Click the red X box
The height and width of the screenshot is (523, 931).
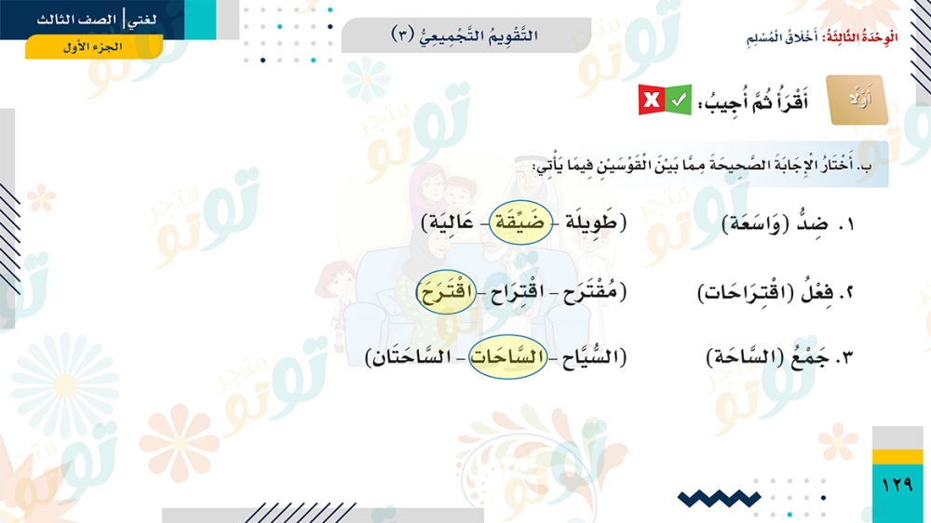click(x=651, y=100)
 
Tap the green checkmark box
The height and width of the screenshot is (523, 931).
click(x=678, y=100)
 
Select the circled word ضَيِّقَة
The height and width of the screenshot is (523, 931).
click(x=520, y=222)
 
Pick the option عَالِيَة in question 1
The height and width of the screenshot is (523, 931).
click(x=452, y=222)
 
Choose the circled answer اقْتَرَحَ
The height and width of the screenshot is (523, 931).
click(x=446, y=291)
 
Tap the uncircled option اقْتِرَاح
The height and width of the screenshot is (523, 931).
click(x=517, y=292)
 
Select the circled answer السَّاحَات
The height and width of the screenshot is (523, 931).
click(x=507, y=356)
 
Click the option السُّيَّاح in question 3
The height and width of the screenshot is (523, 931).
click(x=587, y=356)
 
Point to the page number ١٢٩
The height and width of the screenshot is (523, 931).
click(x=897, y=485)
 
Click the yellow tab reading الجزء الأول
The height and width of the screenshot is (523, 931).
click(x=94, y=47)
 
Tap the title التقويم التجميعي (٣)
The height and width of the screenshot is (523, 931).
click(x=465, y=35)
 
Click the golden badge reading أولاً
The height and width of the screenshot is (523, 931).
click(x=857, y=100)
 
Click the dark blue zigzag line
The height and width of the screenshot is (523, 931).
click(x=719, y=499)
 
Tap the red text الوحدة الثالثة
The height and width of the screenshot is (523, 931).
click(x=860, y=37)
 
